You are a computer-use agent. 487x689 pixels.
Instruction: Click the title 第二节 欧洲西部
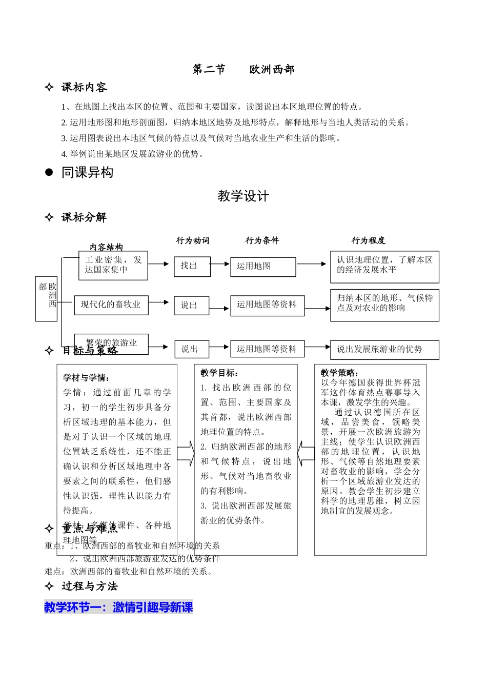243,70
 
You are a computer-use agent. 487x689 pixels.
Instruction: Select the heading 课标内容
84,88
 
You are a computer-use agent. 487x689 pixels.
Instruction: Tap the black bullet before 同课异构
49,173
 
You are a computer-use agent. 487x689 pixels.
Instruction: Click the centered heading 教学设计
243,196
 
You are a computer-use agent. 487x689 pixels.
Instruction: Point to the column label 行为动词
193,240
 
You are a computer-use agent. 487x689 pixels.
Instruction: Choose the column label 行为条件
262,240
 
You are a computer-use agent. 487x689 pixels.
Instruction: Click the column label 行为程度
368,240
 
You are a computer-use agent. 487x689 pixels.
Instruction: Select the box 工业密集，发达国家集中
113,265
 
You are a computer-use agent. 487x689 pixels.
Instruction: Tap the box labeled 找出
189,266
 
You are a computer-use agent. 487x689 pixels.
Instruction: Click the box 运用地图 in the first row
263,267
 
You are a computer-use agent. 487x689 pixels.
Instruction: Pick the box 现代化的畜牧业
111,305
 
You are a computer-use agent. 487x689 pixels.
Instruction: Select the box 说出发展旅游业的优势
384,350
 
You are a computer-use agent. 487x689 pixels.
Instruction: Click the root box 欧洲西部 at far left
46,299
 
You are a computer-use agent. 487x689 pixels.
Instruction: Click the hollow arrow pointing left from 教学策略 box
306,451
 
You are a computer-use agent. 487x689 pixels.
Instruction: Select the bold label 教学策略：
340,373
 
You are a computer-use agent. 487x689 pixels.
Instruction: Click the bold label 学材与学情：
87,378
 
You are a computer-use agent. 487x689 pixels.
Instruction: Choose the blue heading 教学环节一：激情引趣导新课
118,607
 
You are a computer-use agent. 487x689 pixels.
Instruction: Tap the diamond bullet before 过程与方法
49,586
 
